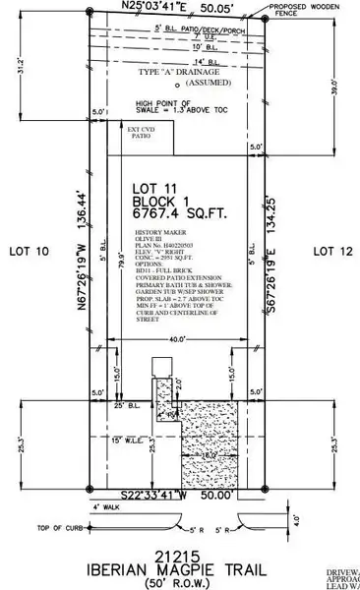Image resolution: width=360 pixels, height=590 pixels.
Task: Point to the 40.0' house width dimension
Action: pos(176,340)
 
